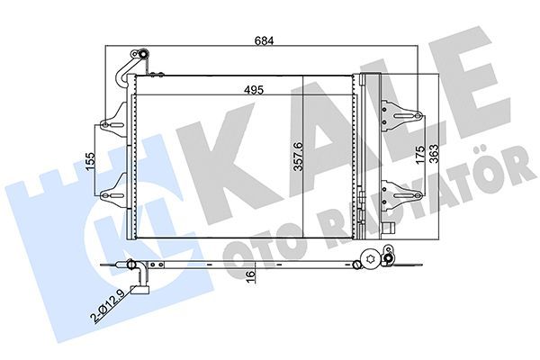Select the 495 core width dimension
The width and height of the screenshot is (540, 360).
(x=238, y=88)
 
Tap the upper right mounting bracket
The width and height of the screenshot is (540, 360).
(x=400, y=115)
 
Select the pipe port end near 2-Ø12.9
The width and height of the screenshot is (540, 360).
(x=139, y=288)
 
